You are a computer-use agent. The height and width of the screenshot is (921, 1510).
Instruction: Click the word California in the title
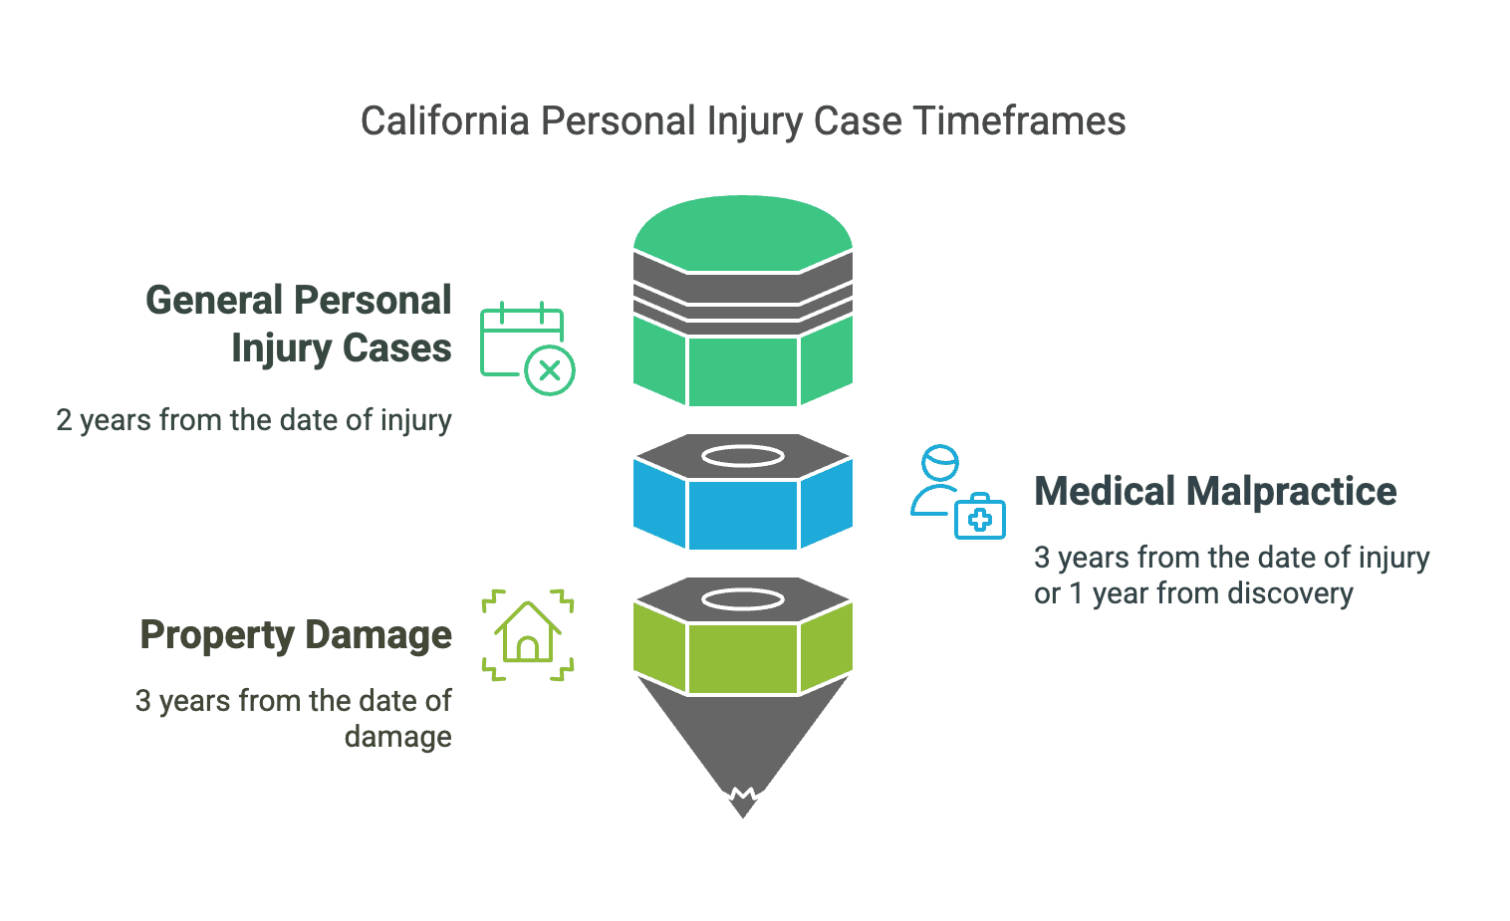point(445,121)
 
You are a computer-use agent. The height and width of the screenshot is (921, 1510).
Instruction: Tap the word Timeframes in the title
point(1019,121)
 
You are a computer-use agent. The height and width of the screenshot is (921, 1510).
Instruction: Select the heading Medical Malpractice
point(1215,491)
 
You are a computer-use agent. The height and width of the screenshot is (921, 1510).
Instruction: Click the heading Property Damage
point(296,635)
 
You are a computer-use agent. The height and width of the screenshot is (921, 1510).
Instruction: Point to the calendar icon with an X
point(527,348)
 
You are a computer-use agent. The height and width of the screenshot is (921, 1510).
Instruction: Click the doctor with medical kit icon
point(958,492)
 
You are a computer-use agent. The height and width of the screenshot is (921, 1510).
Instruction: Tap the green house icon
point(528,635)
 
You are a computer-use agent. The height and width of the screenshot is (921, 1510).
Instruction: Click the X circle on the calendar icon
point(550,370)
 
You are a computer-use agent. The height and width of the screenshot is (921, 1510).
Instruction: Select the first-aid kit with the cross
point(980,517)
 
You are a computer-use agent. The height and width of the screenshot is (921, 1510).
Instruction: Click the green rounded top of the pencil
point(743,232)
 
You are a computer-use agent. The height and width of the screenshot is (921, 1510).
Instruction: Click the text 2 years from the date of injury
point(253,421)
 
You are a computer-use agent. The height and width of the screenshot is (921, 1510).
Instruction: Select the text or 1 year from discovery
point(1193,593)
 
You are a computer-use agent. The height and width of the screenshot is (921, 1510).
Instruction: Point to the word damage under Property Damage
point(397,737)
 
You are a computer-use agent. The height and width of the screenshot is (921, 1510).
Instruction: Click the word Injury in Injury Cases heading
point(281,349)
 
